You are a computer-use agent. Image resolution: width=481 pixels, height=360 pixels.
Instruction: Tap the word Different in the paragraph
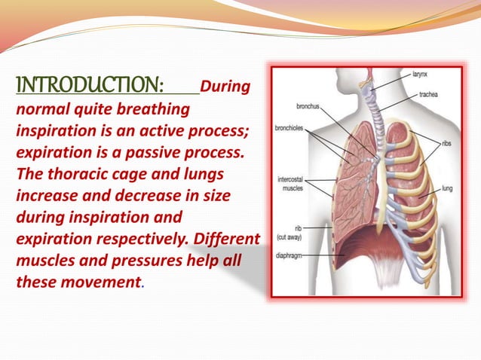click(x=226, y=241)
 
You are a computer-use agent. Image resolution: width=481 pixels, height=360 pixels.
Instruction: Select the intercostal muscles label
click(x=292, y=185)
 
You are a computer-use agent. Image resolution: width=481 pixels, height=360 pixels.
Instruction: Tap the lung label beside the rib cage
click(x=447, y=189)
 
